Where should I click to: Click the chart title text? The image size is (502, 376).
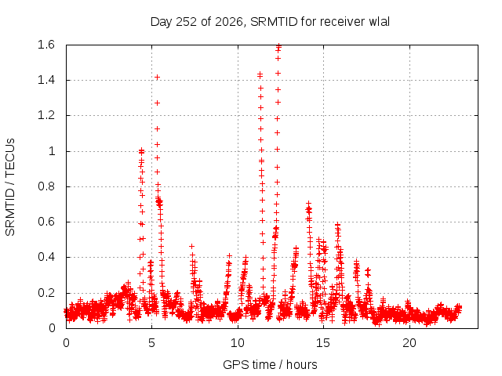point(270,22)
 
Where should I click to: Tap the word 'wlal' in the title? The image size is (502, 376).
point(380,22)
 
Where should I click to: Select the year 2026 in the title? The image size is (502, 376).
point(228,22)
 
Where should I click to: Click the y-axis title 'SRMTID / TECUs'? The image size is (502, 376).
point(10,187)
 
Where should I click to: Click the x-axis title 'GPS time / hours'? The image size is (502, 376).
point(270,364)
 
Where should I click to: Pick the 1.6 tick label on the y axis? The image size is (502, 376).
point(46,45)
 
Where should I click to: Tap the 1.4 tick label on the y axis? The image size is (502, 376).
point(46,80)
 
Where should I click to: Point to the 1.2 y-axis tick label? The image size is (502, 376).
point(46,115)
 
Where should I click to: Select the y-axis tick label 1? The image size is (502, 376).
point(52,151)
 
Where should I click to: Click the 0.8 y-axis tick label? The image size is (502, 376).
point(46,186)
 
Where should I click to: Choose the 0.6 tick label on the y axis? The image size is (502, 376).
point(46,222)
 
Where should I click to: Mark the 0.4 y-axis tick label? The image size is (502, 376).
point(46,257)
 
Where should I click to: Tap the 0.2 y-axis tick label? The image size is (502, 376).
point(46,292)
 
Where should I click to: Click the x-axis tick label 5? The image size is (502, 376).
point(151,343)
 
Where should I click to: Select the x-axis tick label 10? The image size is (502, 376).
point(238,343)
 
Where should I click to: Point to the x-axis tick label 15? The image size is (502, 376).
point(323,343)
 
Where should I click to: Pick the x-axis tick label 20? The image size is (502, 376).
point(409,343)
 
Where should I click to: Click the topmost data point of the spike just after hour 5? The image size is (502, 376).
point(157,77)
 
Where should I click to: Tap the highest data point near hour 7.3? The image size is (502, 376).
point(191,246)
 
